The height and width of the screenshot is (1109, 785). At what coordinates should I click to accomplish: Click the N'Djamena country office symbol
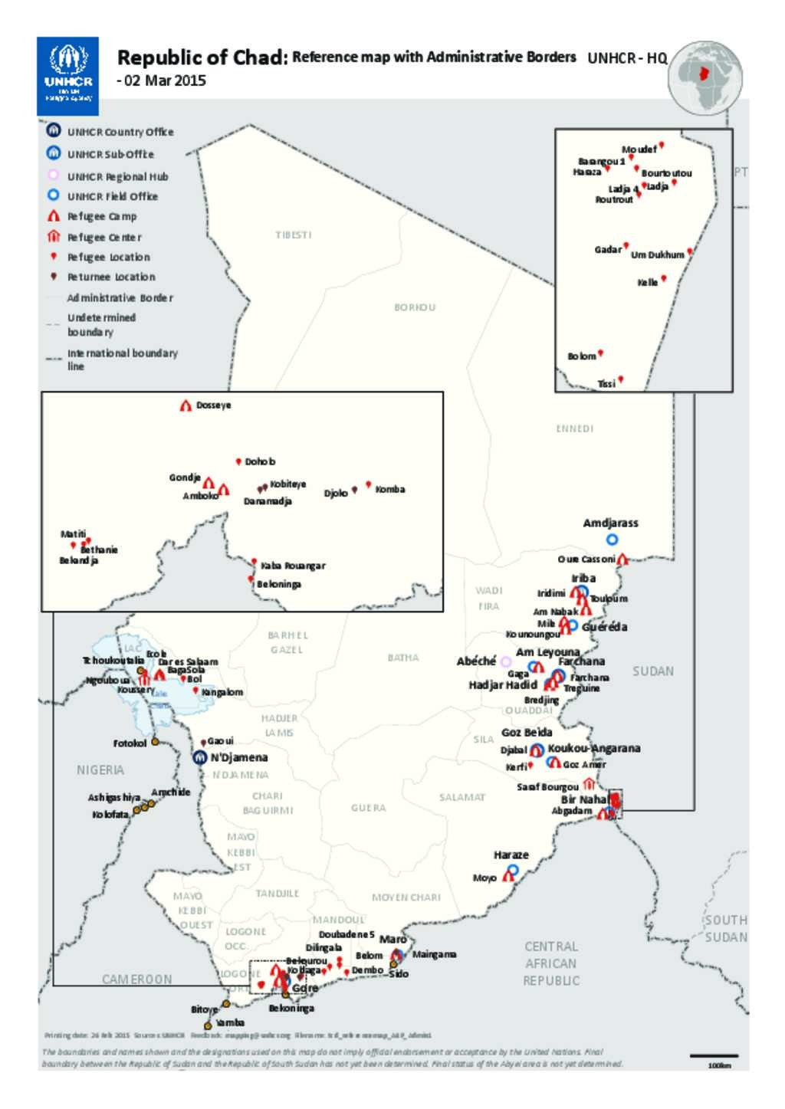click(199, 757)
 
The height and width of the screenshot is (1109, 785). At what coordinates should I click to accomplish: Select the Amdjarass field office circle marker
click(612, 540)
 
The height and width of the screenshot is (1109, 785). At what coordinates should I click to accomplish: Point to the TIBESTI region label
click(293, 235)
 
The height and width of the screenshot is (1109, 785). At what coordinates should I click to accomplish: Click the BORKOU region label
click(415, 307)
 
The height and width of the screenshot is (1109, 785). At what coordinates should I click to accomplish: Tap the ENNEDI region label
click(574, 428)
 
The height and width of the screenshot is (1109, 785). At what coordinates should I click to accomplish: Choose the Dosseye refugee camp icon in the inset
click(186, 405)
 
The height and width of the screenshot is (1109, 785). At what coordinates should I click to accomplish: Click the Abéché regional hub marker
click(506, 661)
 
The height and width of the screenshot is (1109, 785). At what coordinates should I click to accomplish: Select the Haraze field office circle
click(513, 870)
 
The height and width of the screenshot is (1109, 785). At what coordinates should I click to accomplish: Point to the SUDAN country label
click(653, 671)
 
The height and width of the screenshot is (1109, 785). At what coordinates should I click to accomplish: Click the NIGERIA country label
click(100, 769)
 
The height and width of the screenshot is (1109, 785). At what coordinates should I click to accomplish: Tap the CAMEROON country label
click(136, 979)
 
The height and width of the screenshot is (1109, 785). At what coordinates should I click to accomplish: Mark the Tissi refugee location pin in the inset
click(622, 379)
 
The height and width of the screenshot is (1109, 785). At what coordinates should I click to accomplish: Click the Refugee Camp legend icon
click(54, 216)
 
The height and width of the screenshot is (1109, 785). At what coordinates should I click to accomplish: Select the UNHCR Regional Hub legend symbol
click(54, 176)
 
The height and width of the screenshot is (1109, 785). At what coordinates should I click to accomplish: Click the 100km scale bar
click(714, 1056)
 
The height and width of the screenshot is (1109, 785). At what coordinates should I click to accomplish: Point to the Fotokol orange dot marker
click(155, 742)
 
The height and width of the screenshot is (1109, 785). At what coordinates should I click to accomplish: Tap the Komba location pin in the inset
click(369, 484)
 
